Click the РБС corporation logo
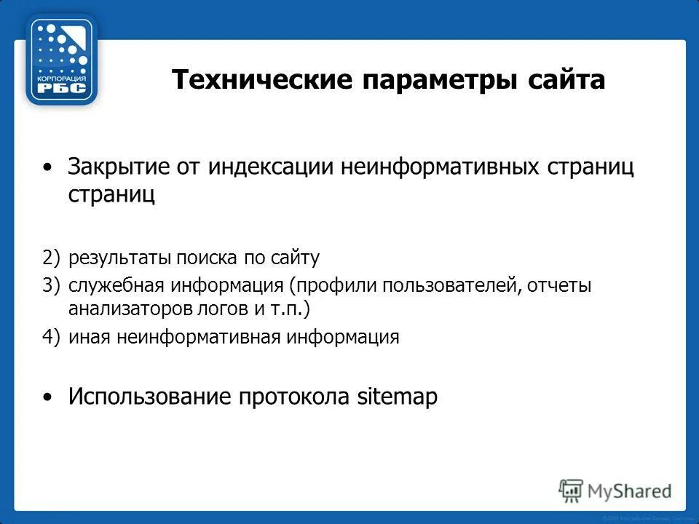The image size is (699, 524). (62, 60)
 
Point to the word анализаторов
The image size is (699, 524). (130, 309)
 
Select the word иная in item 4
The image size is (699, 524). (87, 337)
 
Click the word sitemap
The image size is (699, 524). (398, 397)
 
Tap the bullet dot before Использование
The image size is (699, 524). (48, 397)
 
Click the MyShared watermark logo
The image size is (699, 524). (615, 491)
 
